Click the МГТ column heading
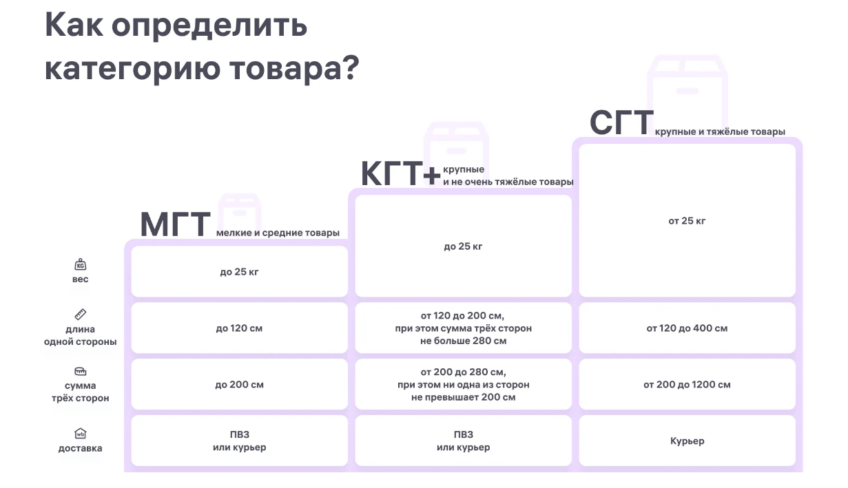click(175, 224)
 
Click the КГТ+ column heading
click(401, 173)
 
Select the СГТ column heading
click(621, 123)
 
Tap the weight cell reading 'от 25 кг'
click(687, 221)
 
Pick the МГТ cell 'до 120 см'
click(239, 328)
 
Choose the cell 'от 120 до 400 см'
click(687, 328)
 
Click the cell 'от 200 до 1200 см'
click(687, 385)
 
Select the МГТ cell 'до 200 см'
click(239, 385)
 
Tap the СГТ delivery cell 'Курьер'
click(687, 441)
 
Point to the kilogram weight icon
click(81, 264)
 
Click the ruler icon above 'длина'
click(81, 315)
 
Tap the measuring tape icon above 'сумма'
click(81, 371)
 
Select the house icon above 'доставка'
click(81, 433)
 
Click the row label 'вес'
click(81, 279)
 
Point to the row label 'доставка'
click(81, 448)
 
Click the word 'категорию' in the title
click(132, 69)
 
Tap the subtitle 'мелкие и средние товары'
click(278, 233)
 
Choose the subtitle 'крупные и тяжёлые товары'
click(720, 131)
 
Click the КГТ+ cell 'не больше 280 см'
click(464, 341)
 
